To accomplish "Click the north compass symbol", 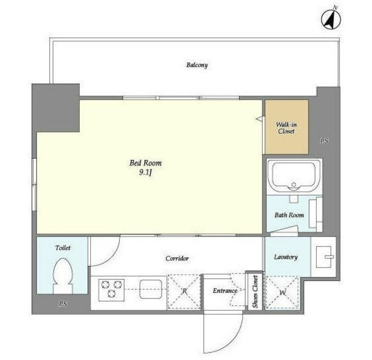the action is [x=331, y=19].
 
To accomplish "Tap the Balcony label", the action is [x=197, y=65].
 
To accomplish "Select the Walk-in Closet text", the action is [x=287, y=128].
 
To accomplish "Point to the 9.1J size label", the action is [x=145, y=173].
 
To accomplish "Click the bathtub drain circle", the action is [x=294, y=184].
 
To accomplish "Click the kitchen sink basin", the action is [x=151, y=289].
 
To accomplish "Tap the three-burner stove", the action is [x=111, y=290].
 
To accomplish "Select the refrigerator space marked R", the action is [x=185, y=291].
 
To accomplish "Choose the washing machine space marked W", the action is [x=282, y=293].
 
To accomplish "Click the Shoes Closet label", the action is [x=255, y=291].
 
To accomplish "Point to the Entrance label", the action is [x=225, y=290].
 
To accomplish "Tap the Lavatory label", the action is [x=285, y=257].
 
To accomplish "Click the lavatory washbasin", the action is [x=324, y=257].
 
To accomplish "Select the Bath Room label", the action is [x=289, y=215].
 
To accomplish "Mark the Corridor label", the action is [x=177, y=258].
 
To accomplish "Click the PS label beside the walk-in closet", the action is [x=324, y=141].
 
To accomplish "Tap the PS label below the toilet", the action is [x=63, y=304].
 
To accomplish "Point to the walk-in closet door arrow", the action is [x=260, y=118].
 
